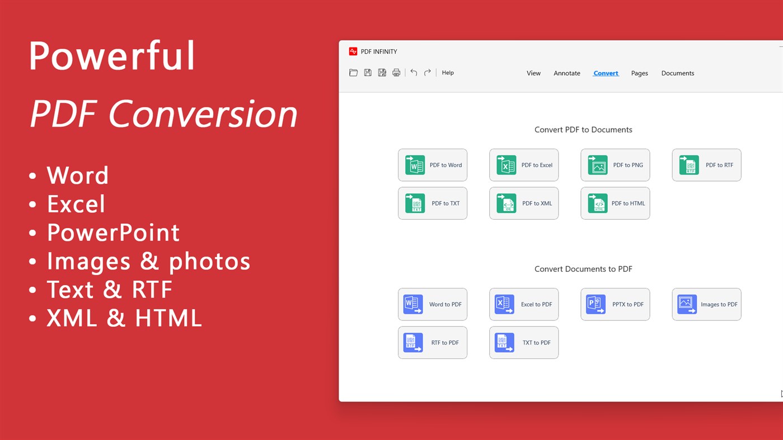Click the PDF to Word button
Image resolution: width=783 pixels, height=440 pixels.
pos(433,165)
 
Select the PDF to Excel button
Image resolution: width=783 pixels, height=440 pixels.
pos(524,165)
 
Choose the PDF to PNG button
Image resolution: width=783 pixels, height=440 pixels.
pos(615,165)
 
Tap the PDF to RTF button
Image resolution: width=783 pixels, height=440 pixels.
pos(706,165)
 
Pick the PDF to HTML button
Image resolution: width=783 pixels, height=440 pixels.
pos(615,204)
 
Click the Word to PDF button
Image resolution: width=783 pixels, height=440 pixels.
pos(433,304)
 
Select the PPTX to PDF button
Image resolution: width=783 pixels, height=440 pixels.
pos(615,304)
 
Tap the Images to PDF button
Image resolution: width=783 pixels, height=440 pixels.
pos(706,304)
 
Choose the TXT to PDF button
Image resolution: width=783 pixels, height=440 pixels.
pos(524,343)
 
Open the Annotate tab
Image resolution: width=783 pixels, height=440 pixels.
pos(567,73)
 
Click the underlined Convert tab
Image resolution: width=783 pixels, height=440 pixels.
pos(606,73)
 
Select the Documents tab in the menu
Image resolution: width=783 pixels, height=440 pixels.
pos(677,73)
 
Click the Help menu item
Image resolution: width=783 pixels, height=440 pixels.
pos(448,73)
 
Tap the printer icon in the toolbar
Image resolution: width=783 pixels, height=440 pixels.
pos(396,73)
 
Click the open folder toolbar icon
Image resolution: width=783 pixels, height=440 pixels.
pos(353,73)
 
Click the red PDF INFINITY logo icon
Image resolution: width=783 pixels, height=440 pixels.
pos(353,51)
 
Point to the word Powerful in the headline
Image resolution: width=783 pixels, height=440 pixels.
pos(112,55)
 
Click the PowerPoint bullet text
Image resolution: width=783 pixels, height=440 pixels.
pos(113,233)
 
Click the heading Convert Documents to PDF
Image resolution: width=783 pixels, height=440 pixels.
pos(583,269)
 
